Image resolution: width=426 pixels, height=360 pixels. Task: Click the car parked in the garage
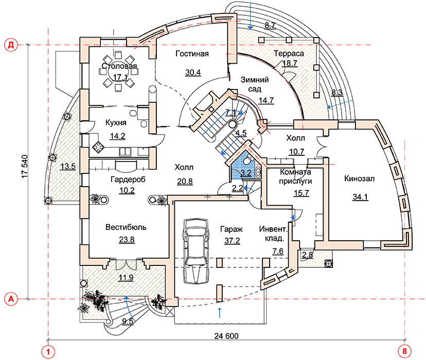pos(196,250)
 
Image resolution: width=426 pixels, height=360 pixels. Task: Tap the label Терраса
pos(289,53)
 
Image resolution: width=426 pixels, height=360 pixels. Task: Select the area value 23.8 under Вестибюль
pos(123,239)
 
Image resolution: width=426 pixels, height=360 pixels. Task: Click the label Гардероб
pos(128,179)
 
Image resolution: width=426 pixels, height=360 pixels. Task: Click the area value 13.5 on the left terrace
pos(67,166)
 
